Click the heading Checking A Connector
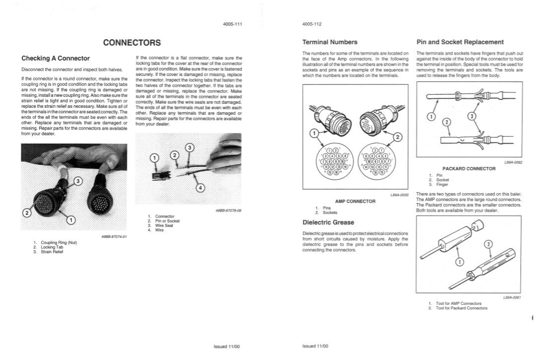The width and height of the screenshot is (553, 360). (56, 58)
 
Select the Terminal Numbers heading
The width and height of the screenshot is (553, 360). (330, 42)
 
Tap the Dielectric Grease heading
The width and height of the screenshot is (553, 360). (329, 222)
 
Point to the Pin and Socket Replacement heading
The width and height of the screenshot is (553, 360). (460, 42)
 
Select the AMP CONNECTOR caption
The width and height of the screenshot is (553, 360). (355, 201)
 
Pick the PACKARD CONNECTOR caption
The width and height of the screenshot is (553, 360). (469, 168)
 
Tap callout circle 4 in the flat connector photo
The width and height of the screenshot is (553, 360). (200, 188)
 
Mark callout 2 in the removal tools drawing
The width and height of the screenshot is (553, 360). (488, 244)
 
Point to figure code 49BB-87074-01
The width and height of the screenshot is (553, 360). (114, 237)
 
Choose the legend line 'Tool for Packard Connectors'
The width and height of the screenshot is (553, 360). (461, 308)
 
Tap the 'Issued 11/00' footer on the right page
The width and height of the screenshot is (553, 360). (315, 346)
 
